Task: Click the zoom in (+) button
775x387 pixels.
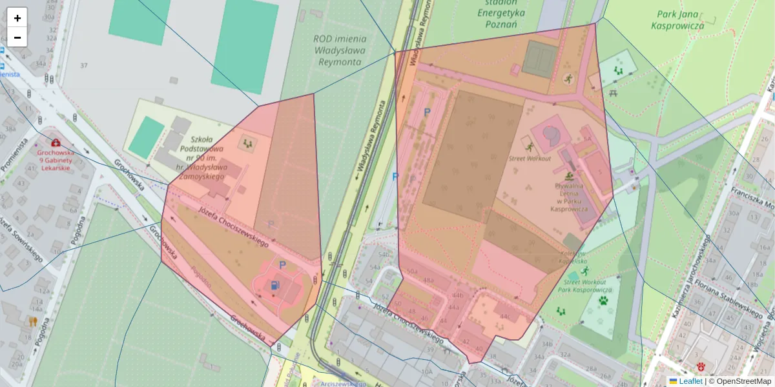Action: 17,18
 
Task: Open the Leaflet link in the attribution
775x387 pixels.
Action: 690,381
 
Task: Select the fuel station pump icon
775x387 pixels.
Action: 276,284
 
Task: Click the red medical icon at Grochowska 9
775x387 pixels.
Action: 56,143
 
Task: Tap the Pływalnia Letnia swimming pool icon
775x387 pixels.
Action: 569,175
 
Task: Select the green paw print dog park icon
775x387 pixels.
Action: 603,301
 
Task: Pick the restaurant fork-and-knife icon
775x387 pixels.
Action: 32,321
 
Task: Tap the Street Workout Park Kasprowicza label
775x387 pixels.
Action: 584,286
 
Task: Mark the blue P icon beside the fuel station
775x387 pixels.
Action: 282,264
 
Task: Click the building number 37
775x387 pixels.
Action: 83,66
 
